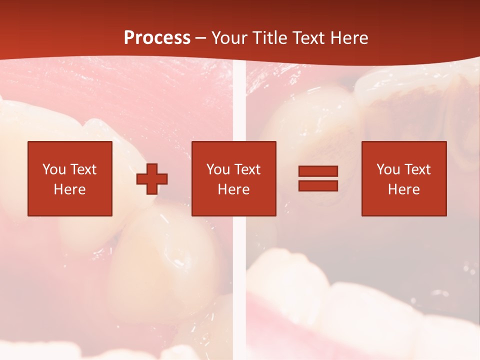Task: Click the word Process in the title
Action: coord(157,38)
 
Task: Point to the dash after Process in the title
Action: coord(200,38)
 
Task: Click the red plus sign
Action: coord(152,179)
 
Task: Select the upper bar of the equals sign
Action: coord(318,171)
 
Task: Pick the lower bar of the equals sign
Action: coord(318,186)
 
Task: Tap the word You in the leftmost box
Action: coord(54,169)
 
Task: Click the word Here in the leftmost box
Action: coord(69,189)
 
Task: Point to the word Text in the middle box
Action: coord(247,169)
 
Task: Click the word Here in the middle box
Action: coord(233,189)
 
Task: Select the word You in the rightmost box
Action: coord(388,169)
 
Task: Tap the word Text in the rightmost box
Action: coord(417,169)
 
